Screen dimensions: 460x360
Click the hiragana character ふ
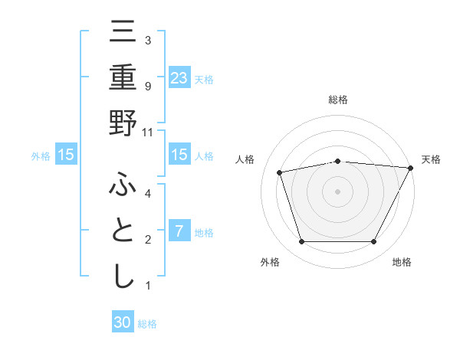tap(123, 185)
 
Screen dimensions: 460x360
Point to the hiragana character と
tap(123, 231)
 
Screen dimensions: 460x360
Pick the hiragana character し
tap(123, 277)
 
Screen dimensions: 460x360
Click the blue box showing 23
tap(179, 77)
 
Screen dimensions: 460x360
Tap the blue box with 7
tap(179, 231)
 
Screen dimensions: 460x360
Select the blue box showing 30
tap(123, 323)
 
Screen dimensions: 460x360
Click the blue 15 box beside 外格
tap(65, 155)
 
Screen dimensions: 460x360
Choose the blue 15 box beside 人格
tap(179, 155)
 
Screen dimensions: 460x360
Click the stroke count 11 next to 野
tap(148, 132)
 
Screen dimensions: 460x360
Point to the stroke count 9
tap(147, 86)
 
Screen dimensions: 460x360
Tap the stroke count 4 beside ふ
tap(147, 193)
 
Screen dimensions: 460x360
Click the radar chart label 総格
tap(337, 100)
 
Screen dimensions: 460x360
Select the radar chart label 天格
tap(431, 159)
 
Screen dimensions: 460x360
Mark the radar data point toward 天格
tap(411, 168)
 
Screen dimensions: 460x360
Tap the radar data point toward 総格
tap(337, 161)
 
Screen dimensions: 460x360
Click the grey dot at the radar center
tap(337, 191)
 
